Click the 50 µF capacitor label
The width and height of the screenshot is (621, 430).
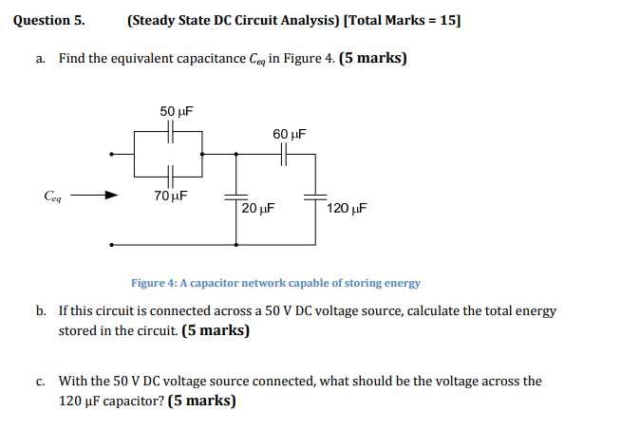(x=176, y=112)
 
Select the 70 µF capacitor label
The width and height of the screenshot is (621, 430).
(x=170, y=196)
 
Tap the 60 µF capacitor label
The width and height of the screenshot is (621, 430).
(x=288, y=135)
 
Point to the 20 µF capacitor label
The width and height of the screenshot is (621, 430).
(x=257, y=209)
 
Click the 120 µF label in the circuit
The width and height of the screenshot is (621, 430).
(x=347, y=209)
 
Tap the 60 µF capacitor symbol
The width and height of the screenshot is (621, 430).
(x=282, y=154)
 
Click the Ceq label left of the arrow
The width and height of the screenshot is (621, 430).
(x=54, y=196)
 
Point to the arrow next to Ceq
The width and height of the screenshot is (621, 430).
(x=95, y=196)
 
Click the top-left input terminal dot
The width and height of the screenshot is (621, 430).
(x=113, y=154)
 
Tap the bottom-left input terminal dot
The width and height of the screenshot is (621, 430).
(x=113, y=244)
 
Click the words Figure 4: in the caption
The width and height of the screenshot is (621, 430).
(x=155, y=283)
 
